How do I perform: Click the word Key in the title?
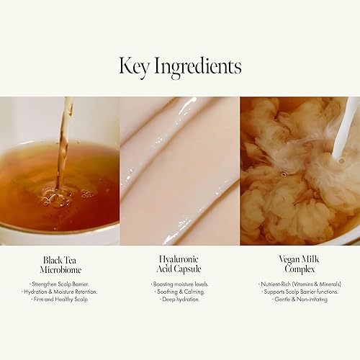pyautogui.click(x=134, y=66)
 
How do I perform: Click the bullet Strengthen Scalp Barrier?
pyautogui.click(x=60, y=284)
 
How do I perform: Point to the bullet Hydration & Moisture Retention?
pyautogui.click(x=60, y=291)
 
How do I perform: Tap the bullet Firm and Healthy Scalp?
pyautogui.click(x=60, y=299)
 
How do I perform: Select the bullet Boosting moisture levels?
pyautogui.click(x=180, y=284)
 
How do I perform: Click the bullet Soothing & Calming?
pyautogui.click(x=180, y=291)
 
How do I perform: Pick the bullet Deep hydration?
pyautogui.click(x=180, y=299)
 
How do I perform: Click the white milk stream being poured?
pyautogui.click(x=345, y=130)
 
